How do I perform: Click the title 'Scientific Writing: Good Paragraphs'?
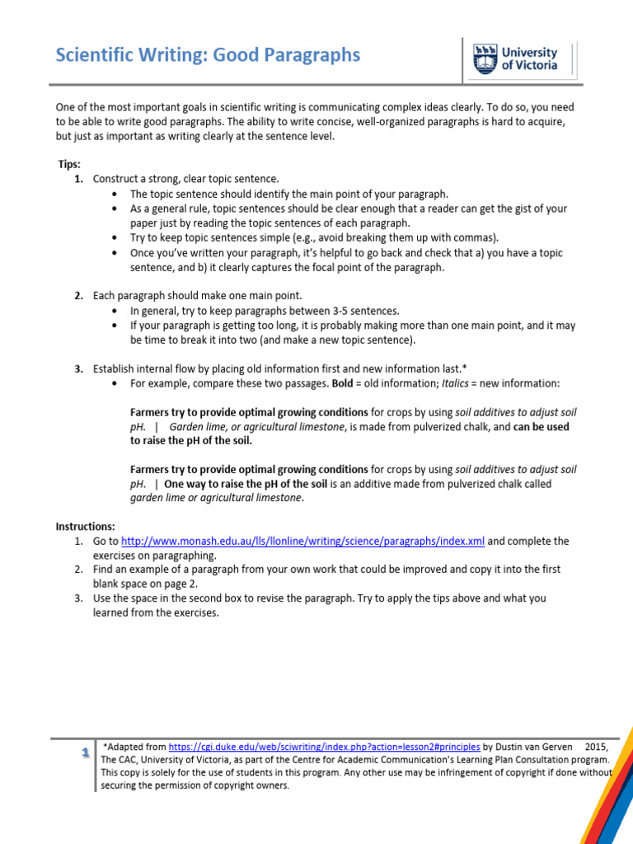(208, 55)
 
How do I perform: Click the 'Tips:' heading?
(69, 165)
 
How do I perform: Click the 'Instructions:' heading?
(86, 527)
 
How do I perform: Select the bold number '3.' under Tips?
(79, 368)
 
